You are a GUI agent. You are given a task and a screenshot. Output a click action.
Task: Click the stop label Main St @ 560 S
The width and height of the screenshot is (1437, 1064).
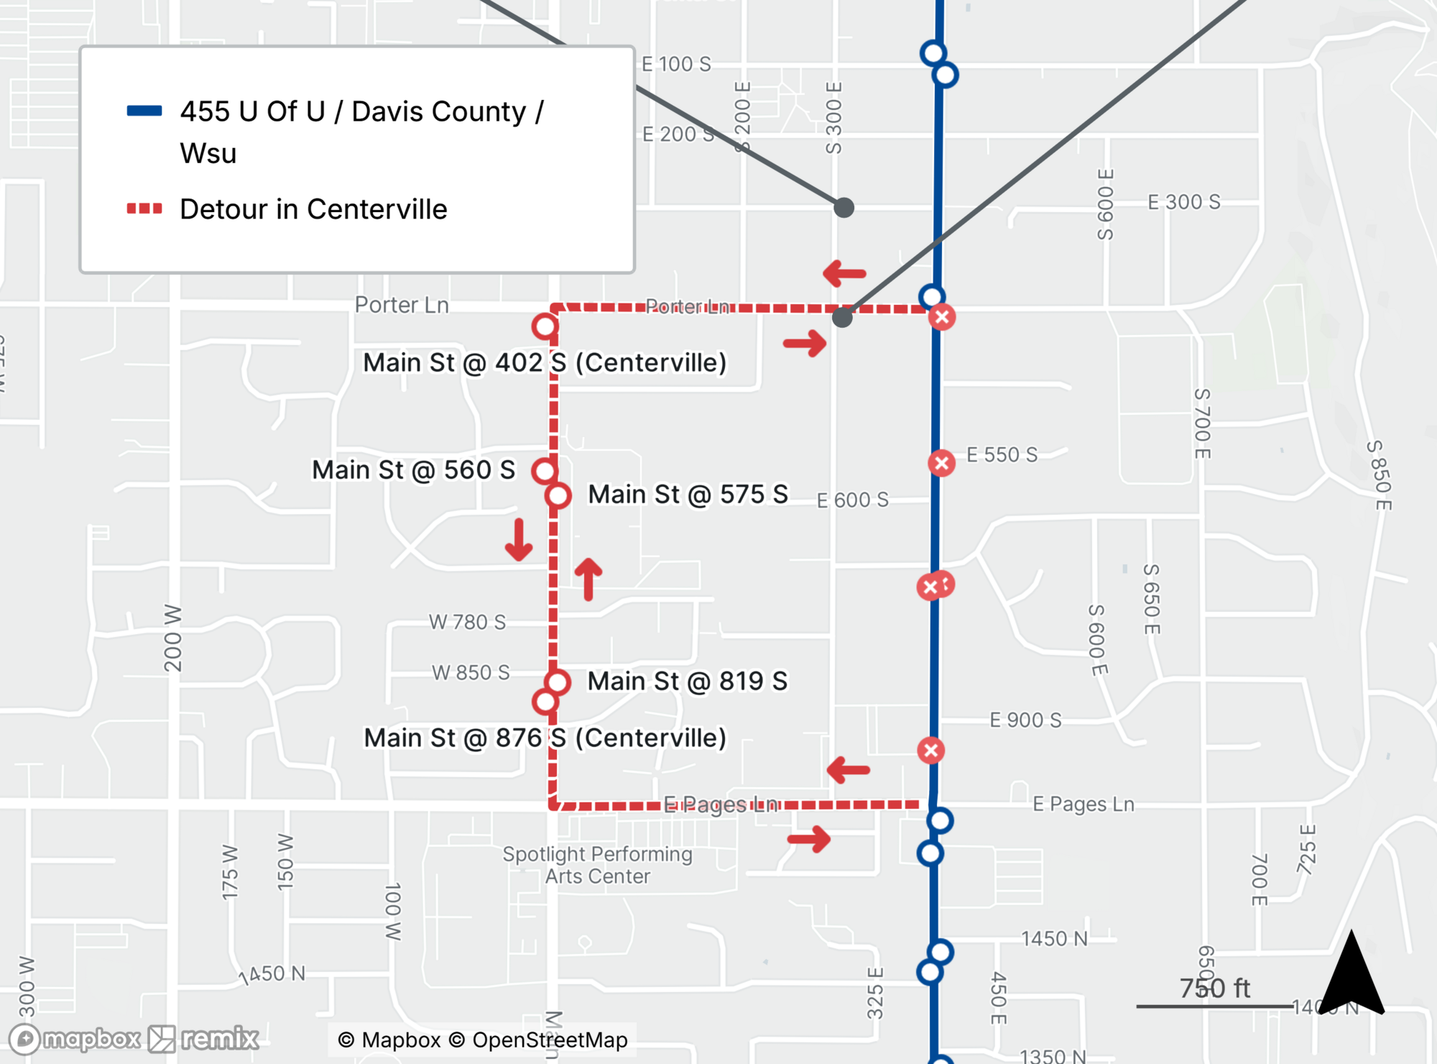413,470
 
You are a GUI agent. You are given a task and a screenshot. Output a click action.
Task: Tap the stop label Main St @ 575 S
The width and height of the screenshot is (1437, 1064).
688,495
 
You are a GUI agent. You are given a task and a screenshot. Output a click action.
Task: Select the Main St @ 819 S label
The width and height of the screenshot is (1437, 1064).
687,681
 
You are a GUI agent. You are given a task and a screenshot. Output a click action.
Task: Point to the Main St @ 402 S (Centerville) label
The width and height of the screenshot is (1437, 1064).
545,362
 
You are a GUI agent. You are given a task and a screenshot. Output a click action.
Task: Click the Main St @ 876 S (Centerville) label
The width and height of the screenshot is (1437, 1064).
545,738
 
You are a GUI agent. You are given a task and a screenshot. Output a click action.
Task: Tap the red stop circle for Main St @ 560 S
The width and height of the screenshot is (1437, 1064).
545,471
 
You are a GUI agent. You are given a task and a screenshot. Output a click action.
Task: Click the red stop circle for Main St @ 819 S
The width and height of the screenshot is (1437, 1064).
558,682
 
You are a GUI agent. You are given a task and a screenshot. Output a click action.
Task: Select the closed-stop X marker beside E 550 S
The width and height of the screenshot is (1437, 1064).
941,462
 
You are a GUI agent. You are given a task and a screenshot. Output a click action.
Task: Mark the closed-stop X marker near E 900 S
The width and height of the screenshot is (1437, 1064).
931,751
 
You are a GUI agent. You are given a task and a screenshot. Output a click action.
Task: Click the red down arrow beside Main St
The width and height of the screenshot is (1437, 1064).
519,540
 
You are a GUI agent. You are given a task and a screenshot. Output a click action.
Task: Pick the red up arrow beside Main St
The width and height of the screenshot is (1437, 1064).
588,579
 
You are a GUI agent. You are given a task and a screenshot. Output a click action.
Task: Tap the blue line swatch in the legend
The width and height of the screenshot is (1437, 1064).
144,111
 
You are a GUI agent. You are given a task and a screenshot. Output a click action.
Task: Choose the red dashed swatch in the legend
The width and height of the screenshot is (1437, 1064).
144,208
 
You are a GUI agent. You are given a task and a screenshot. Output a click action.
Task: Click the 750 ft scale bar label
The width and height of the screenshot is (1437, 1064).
1214,989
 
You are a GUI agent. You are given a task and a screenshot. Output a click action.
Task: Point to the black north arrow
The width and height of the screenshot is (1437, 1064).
1351,974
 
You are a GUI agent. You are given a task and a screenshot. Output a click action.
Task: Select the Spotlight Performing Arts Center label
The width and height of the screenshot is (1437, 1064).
597,865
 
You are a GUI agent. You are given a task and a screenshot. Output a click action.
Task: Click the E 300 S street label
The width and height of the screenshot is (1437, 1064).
1183,202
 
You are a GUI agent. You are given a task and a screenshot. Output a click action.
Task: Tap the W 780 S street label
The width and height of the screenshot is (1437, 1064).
467,622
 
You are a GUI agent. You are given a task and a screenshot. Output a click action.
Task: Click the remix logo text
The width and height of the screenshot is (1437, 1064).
219,1039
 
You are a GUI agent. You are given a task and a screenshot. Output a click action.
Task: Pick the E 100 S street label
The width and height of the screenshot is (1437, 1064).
676,64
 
